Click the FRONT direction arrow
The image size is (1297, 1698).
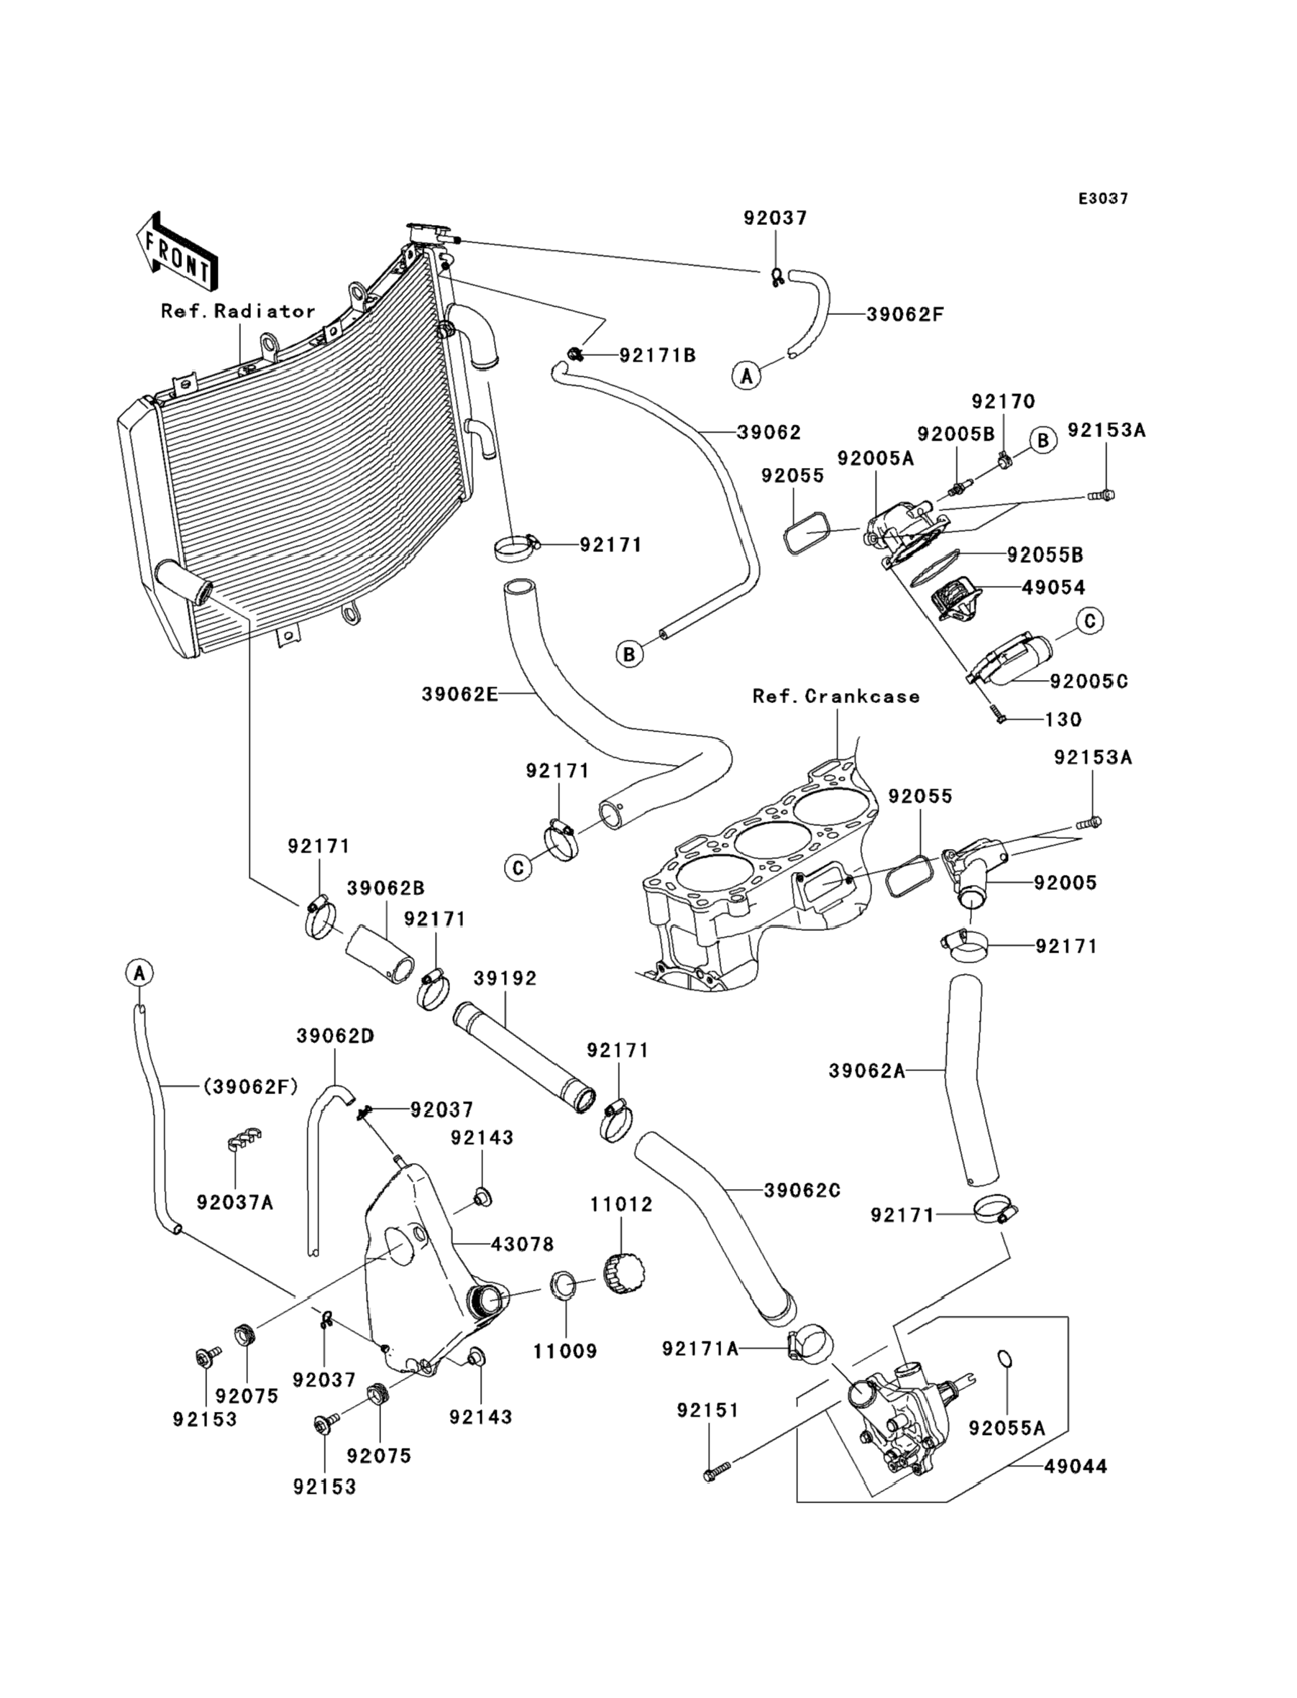coord(176,252)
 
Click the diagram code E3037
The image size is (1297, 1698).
coord(1103,198)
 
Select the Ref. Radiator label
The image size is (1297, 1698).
coord(238,311)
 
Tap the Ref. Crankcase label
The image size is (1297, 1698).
coord(836,696)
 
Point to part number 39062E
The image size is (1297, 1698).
coord(460,694)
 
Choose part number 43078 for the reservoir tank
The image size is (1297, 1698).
coord(523,1244)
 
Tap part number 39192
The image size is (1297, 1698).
coord(505,978)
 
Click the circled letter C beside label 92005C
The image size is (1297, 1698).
coord(1089,620)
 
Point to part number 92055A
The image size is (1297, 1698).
coord(1007,1428)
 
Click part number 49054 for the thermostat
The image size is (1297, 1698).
coord(1053,587)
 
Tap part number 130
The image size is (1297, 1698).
coord(1063,720)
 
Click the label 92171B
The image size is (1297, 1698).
coord(658,355)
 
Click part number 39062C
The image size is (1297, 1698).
coord(802,1190)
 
